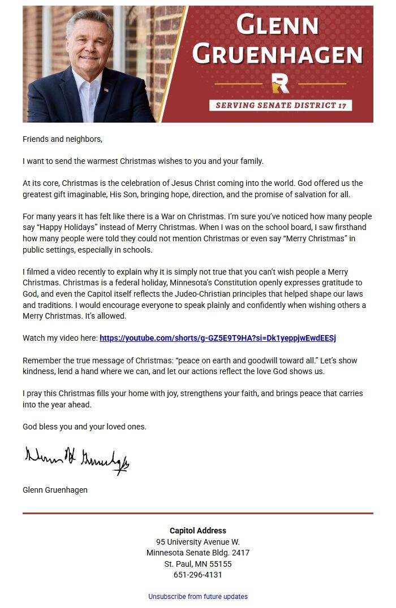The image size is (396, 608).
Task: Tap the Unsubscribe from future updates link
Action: click(x=198, y=597)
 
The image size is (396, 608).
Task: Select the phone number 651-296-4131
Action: click(x=198, y=575)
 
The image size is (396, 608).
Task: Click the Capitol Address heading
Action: click(x=198, y=531)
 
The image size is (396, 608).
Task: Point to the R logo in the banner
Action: click(x=280, y=82)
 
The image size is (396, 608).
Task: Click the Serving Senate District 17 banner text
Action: click(x=281, y=105)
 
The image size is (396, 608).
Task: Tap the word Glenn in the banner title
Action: click(x=277, y=25)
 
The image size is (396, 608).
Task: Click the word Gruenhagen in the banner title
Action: click(x=277, y=54)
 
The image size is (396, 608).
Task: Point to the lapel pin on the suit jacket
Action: click(x=106, y=89)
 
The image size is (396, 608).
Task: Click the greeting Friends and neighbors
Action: click(x=62, y=139)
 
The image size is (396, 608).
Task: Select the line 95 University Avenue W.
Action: click(x=198, y=542)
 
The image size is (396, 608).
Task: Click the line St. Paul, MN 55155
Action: click(x=198, y=564)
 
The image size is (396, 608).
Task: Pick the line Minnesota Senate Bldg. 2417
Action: click(x=198, y=553)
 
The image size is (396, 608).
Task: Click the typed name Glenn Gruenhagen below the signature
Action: click(x=55, y=490)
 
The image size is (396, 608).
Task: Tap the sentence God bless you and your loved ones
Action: click(x=84, y=427)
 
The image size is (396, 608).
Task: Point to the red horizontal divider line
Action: click(x=198, y=514)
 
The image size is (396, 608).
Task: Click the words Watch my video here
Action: click(x=60, y=338)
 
